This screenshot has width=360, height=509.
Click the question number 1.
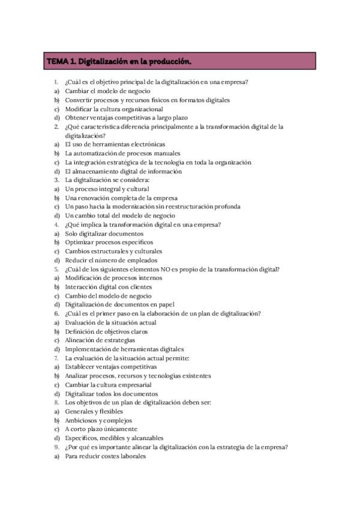click(x=56, y=82)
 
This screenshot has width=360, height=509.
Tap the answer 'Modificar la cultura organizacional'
click(x=114, y=109)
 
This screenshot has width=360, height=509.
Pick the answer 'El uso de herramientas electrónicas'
click(x=115, y=145)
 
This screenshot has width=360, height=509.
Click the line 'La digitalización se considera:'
click(x=107, y=180)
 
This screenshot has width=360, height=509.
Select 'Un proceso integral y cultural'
click(x=107, y=189)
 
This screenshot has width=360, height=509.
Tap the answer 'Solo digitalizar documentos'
click(x=104, y=233)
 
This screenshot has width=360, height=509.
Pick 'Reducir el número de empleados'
click(x=111, y=260)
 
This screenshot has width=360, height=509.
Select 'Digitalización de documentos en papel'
click(x=119, y=304)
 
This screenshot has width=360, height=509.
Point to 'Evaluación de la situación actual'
click(x=112, y=322)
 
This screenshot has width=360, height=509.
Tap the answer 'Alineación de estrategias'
click(x=100, y=340)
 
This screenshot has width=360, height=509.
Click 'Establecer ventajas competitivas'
click(x=111, y=367)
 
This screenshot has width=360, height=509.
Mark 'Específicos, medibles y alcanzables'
click(x=114, y=438)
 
